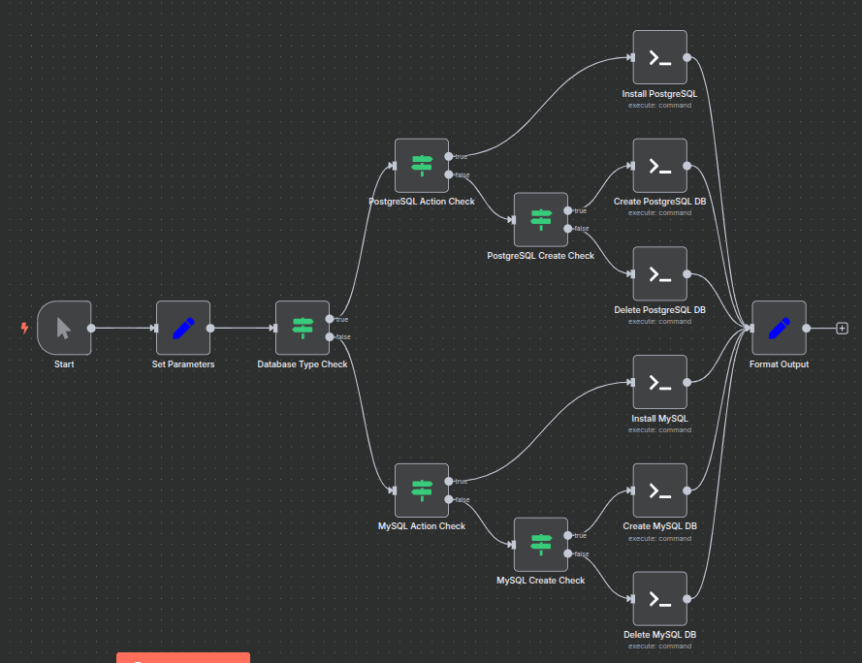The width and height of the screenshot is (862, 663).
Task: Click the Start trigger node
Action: point(64,328)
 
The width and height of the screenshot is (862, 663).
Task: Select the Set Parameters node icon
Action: point(183,328)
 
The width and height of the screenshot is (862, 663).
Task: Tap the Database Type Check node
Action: point(303,328)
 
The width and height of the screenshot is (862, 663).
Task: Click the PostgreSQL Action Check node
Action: point(422,165)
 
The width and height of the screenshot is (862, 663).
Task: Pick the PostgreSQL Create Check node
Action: point(541,219)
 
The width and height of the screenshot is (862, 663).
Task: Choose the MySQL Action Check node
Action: point(422,490)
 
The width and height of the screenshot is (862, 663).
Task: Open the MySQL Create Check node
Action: point(541,545)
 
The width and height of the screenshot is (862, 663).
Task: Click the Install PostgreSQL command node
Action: point(659,57)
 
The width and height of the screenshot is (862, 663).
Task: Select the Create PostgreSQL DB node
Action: point(659,166)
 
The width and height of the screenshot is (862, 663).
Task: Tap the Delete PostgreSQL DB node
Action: point(659,273)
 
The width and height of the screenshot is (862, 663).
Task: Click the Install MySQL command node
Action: point(659,382)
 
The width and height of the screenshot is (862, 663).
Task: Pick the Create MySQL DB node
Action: point(659,490)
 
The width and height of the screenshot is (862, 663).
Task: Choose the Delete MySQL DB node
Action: point(659,599)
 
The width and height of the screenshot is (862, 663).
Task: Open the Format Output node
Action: point(779,328)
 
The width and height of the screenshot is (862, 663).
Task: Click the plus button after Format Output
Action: point(842,328)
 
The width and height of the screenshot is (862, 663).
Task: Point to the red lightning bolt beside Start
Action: point(25,328)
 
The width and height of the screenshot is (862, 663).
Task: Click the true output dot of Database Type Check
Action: point(330,319)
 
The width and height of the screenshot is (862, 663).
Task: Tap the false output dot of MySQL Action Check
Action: point(448,499)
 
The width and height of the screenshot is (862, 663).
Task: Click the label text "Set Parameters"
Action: point(183,364)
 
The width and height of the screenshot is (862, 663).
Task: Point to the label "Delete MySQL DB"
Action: point(659,635)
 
